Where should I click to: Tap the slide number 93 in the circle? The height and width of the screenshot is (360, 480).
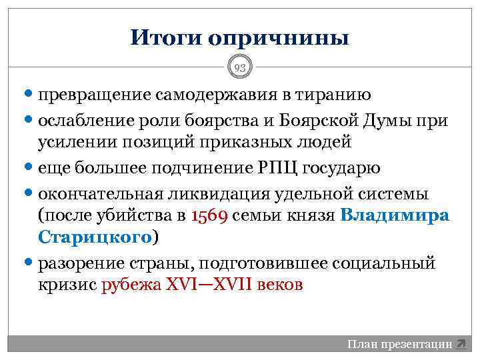pyautogui.click(x=240, y=67)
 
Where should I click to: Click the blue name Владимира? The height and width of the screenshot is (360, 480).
pyautogui.click(x=395, y=215)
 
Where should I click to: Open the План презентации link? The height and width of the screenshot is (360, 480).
pyautogui.click(x=399, y=345)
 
